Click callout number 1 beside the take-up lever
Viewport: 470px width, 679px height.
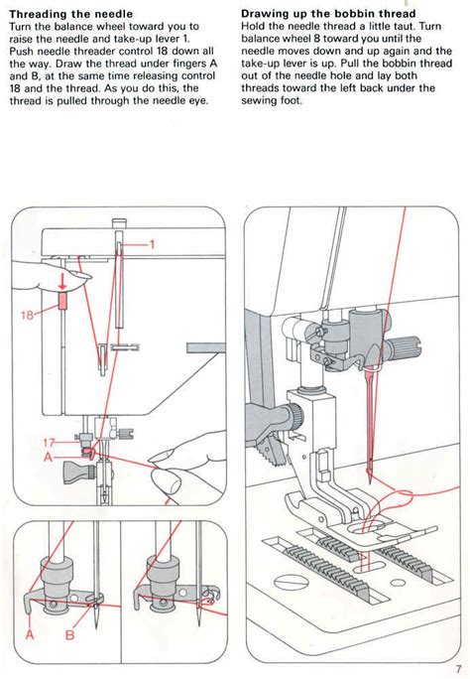[x=154, y=242]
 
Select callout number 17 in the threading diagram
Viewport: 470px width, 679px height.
[x=50, y=443]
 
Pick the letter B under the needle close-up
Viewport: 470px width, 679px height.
[x=70, y=636]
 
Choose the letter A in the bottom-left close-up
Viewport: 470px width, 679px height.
[x=30, y=636]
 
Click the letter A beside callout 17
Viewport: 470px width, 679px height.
[x=48, y=458]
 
